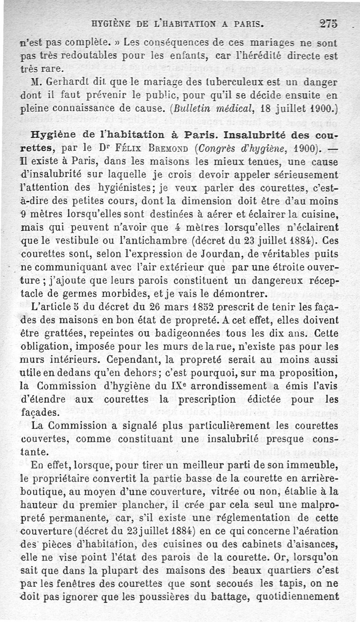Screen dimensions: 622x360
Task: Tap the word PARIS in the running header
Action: (241, 23)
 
